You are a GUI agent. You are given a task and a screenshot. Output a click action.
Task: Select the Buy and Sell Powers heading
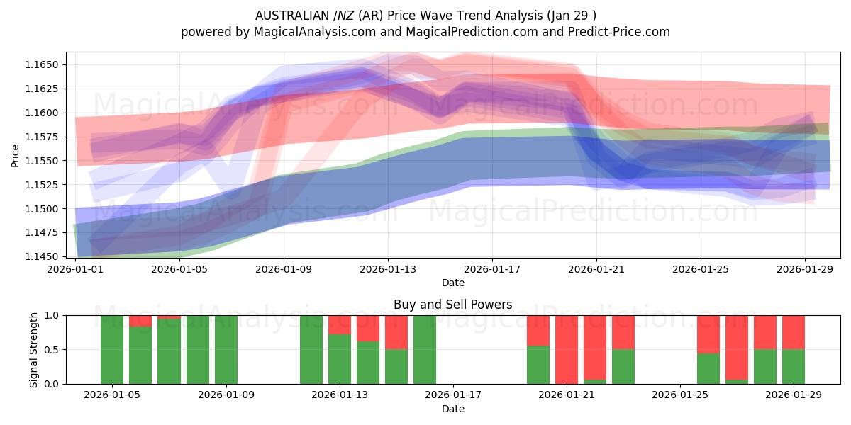[x=453, y=305]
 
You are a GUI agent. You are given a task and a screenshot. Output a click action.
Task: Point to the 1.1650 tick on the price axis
[x=43, y=64]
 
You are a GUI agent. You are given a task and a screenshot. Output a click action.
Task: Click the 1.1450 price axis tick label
[x=43, y=256]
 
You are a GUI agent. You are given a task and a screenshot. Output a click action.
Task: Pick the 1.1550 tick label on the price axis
[x=43, y=161]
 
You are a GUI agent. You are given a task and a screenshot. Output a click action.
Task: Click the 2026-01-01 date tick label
[x=76, y=269]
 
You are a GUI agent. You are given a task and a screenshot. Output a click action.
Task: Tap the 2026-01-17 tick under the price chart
[x=492, y=269]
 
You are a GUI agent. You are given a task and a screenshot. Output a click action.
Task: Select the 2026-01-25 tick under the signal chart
[x=680, y=395]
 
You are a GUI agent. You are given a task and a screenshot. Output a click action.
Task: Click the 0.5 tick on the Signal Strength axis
[x=52, y=350]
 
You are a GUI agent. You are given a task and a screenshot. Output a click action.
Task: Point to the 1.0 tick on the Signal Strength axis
[x=52, y=315]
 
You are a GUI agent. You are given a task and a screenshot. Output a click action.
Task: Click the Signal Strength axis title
[x=33, y=349]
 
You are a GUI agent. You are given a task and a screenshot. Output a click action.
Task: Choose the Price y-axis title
[x=16, y=155]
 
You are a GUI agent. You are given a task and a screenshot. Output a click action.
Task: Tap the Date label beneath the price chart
[x=453, y=283]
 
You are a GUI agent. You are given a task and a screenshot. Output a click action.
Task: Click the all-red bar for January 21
[x=567, y=349]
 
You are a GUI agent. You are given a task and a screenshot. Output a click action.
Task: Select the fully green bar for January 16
[x=425, y=349]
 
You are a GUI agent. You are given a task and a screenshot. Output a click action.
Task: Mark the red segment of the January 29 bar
[x=794, y=332]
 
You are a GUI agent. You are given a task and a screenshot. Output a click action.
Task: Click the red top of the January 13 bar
[x=340, y=324]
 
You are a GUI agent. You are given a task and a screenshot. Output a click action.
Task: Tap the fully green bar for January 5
[x=112, y=349]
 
